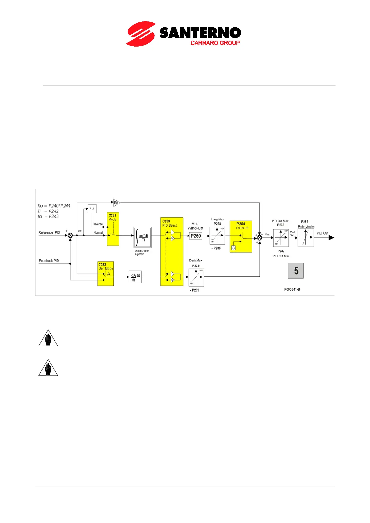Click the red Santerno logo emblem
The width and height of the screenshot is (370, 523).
[x=141, y=34]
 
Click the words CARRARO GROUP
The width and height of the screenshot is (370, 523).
[x=215, y=43]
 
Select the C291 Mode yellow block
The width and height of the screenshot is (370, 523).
[x=113, y=229]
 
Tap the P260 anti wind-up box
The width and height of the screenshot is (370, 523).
[x=196, y=236]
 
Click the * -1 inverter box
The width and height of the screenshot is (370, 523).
[x=92, y=209]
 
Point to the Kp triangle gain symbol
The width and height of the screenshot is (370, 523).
[x=116, y=202]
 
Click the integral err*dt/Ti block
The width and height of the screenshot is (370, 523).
[x=143, y=238]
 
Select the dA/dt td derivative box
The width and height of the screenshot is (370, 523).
[x=135, y=277]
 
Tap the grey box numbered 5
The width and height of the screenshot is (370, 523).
[x=296, y=271]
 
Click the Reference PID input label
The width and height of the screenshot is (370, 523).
[x=49, y=233]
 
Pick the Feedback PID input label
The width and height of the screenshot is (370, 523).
[x=49, y=261]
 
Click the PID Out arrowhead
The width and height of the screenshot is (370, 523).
[x=331, y=238]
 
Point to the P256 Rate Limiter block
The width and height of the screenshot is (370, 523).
[x=306, y=238]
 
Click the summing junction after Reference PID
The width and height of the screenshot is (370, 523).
[x=70, y=235]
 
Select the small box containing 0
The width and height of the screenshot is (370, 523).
[x=233, y=248]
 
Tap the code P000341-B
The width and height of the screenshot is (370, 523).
[x=292, y=289]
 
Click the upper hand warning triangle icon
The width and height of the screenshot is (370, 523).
[x=48, y=339]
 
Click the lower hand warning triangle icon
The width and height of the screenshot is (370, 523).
[x=48, y=368]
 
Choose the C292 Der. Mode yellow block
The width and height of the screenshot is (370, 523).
[x=106, y=274]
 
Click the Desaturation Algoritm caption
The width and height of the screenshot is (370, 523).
[x=142, y=252]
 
